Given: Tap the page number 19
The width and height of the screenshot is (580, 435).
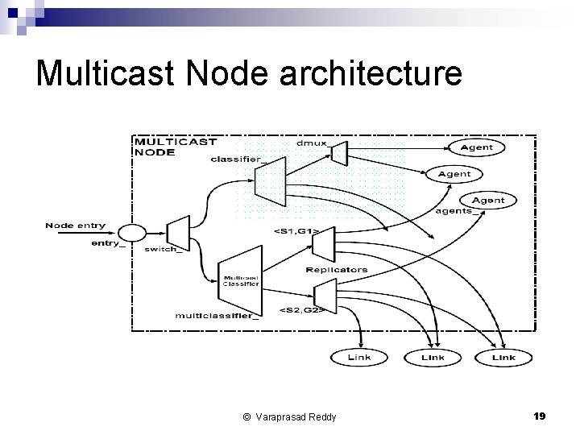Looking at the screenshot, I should (x=540, y=416).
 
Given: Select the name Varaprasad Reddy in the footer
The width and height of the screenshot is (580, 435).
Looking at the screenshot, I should (x=296, y=416).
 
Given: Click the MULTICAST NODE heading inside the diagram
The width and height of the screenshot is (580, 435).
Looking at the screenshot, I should (x=175, y=146).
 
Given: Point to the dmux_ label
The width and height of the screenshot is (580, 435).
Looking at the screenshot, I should (x=313, y=143).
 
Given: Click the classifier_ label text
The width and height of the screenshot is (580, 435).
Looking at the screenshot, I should (x=237, y=159).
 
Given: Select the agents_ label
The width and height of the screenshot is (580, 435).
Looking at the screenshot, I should (x=454, y=212).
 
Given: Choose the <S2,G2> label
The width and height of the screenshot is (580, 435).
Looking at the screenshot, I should (x=301, y=310).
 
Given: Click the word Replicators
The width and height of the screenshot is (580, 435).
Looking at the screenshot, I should (x=337, y=270).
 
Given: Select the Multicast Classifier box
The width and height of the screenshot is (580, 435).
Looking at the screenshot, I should (x=241, y=280).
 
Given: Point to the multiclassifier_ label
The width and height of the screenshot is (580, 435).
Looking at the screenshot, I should (x=217, y=316).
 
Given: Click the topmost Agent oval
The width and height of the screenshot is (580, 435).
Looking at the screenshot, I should (x=476, y=147).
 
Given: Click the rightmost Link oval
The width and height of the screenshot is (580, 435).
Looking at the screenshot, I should (x=503, y=357).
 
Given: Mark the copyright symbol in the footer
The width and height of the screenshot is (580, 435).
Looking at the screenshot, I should (x=246, y=416).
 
